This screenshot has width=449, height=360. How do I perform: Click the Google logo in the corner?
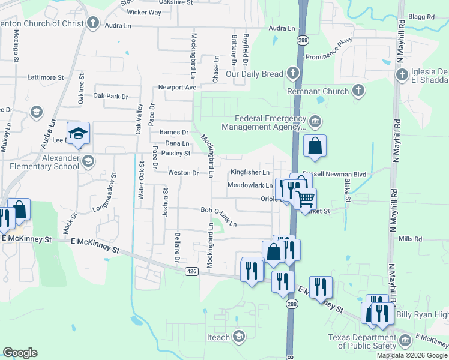click(20, 353)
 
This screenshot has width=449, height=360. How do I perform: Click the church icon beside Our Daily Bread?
click(292, 74)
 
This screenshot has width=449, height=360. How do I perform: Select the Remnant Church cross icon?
click(358, 91)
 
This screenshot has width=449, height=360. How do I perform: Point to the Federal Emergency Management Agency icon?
click(316, 122)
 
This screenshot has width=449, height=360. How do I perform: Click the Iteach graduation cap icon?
click(240, 337)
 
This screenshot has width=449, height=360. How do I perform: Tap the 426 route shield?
click(191, 271)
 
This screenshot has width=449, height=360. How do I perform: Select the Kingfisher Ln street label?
click(250, 172)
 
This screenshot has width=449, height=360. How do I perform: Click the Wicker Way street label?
click(144, 12)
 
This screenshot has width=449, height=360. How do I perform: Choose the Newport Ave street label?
click(178, 87)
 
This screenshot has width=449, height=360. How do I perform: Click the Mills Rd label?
click(411, 238)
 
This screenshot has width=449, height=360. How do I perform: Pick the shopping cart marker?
click(306, 197)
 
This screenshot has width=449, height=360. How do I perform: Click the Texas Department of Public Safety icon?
click(405, 341)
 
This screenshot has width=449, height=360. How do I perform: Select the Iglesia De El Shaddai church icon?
click(402, 75)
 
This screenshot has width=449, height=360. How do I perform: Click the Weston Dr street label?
click(183, 173)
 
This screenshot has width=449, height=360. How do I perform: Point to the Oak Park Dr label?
click(111, 96)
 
